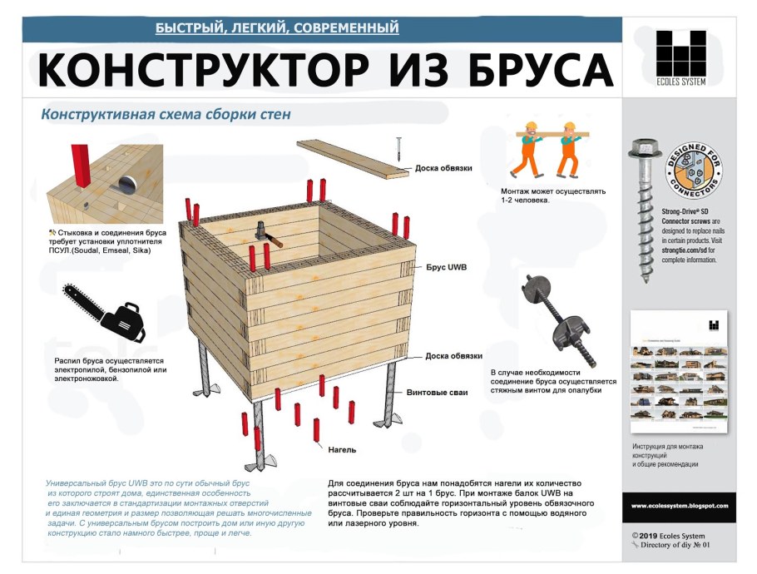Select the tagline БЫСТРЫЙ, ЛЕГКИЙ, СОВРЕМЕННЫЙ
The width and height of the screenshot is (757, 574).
pyautogui.click(x=277, y=28)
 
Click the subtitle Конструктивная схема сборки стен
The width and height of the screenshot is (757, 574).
pyautogui.click(x=166, y=114)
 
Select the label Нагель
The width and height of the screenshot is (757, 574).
pyautogui.click(x=341, y=450)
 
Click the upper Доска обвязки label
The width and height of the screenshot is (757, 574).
pyautogui.click(x=443, y=168)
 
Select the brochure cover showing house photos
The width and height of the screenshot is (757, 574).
pyautogui.click(x=679, y=375)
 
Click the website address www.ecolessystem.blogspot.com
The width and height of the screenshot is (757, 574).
pyautogui.click(x=679, y=506)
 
